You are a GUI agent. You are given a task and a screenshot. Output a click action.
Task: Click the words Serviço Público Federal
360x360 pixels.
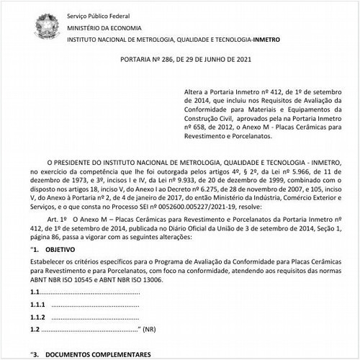click(x=97, y=15)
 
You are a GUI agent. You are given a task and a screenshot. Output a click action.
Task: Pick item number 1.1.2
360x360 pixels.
click(x=37, y=317)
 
